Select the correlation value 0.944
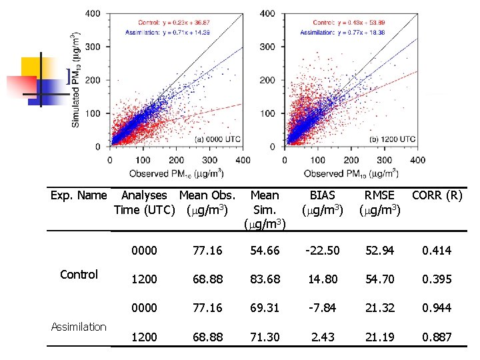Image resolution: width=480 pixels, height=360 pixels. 437,308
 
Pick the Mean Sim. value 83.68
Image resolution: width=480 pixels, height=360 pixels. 265,279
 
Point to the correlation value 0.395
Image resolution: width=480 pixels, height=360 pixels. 437,279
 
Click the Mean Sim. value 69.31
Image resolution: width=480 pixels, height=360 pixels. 265,308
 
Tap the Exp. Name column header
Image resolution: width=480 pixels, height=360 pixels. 79,195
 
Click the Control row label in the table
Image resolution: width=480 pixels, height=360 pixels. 79,274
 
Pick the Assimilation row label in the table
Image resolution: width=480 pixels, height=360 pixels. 79,327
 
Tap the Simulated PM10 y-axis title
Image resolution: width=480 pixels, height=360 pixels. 77,79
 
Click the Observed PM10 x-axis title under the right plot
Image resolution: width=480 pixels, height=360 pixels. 351,173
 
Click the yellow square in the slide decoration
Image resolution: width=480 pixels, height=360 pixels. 34,69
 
